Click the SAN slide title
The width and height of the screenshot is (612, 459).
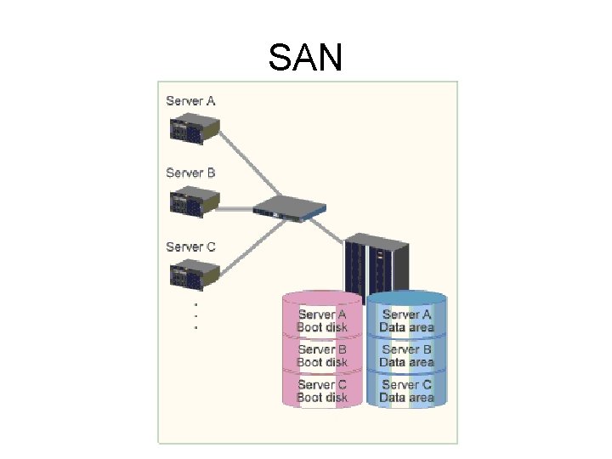click(x=305, y=58)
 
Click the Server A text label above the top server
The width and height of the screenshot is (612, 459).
click(x=190, y=101)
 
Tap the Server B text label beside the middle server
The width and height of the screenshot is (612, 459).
click(x=190, y=173)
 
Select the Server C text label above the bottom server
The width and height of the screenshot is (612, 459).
click(x=190, y=246)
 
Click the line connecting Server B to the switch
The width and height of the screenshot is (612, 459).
click(x=236, y=207)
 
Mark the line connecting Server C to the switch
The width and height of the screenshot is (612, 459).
click(x=246, y=243)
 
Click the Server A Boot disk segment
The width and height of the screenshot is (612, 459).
click(x=322, y=320)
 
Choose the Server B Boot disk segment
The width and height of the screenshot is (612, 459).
click(x=322, y=355)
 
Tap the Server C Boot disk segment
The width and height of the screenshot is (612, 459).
click(x=322, y=391)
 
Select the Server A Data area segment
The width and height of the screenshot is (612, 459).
click(x=406, y=320)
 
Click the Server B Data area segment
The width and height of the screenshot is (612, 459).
click(x=406, y=355)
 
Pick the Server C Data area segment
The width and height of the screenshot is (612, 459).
click(x=406, y=391)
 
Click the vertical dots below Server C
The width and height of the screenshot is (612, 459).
click(x=195, y=315)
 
